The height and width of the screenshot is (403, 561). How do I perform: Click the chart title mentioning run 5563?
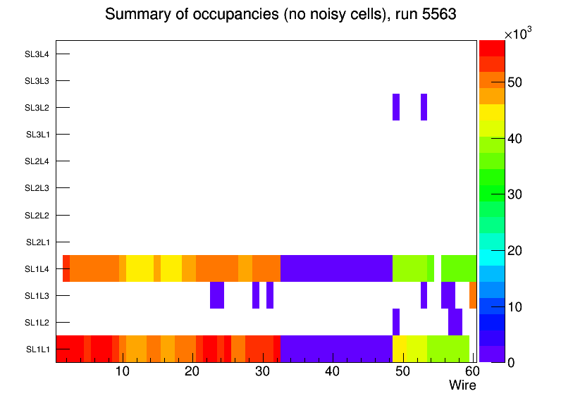(x=281, y=15)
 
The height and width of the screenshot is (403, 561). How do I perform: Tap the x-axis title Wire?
(x=462, y=385)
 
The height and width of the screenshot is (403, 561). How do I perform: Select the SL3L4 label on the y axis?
(x=37, y=54)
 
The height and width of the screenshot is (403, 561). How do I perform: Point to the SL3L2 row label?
(x=37, y=108)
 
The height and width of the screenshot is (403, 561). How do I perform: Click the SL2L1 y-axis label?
(x=37, y=242)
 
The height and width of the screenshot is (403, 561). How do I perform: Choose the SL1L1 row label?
(x=37, y=349)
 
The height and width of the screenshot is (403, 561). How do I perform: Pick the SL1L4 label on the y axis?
(x=37, y=269)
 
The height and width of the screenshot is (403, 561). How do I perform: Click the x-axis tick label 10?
(x=122, y=371)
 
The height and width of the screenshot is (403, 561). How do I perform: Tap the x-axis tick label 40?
(x=333, y=371)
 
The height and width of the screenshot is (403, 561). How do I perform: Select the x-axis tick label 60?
(x=471, y=371)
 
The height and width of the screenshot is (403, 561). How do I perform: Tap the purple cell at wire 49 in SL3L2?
(x=396, y=107)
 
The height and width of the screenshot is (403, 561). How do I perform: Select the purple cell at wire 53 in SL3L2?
(x=424, y=107)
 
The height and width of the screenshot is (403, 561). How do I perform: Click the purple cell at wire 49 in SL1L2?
(x=396, y=322)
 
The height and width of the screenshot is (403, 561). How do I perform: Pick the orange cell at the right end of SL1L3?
(x=473, y=295)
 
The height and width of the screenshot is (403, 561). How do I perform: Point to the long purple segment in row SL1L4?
(x=336, y=268)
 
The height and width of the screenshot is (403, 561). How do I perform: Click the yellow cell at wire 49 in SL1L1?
(x=399, y=349)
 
